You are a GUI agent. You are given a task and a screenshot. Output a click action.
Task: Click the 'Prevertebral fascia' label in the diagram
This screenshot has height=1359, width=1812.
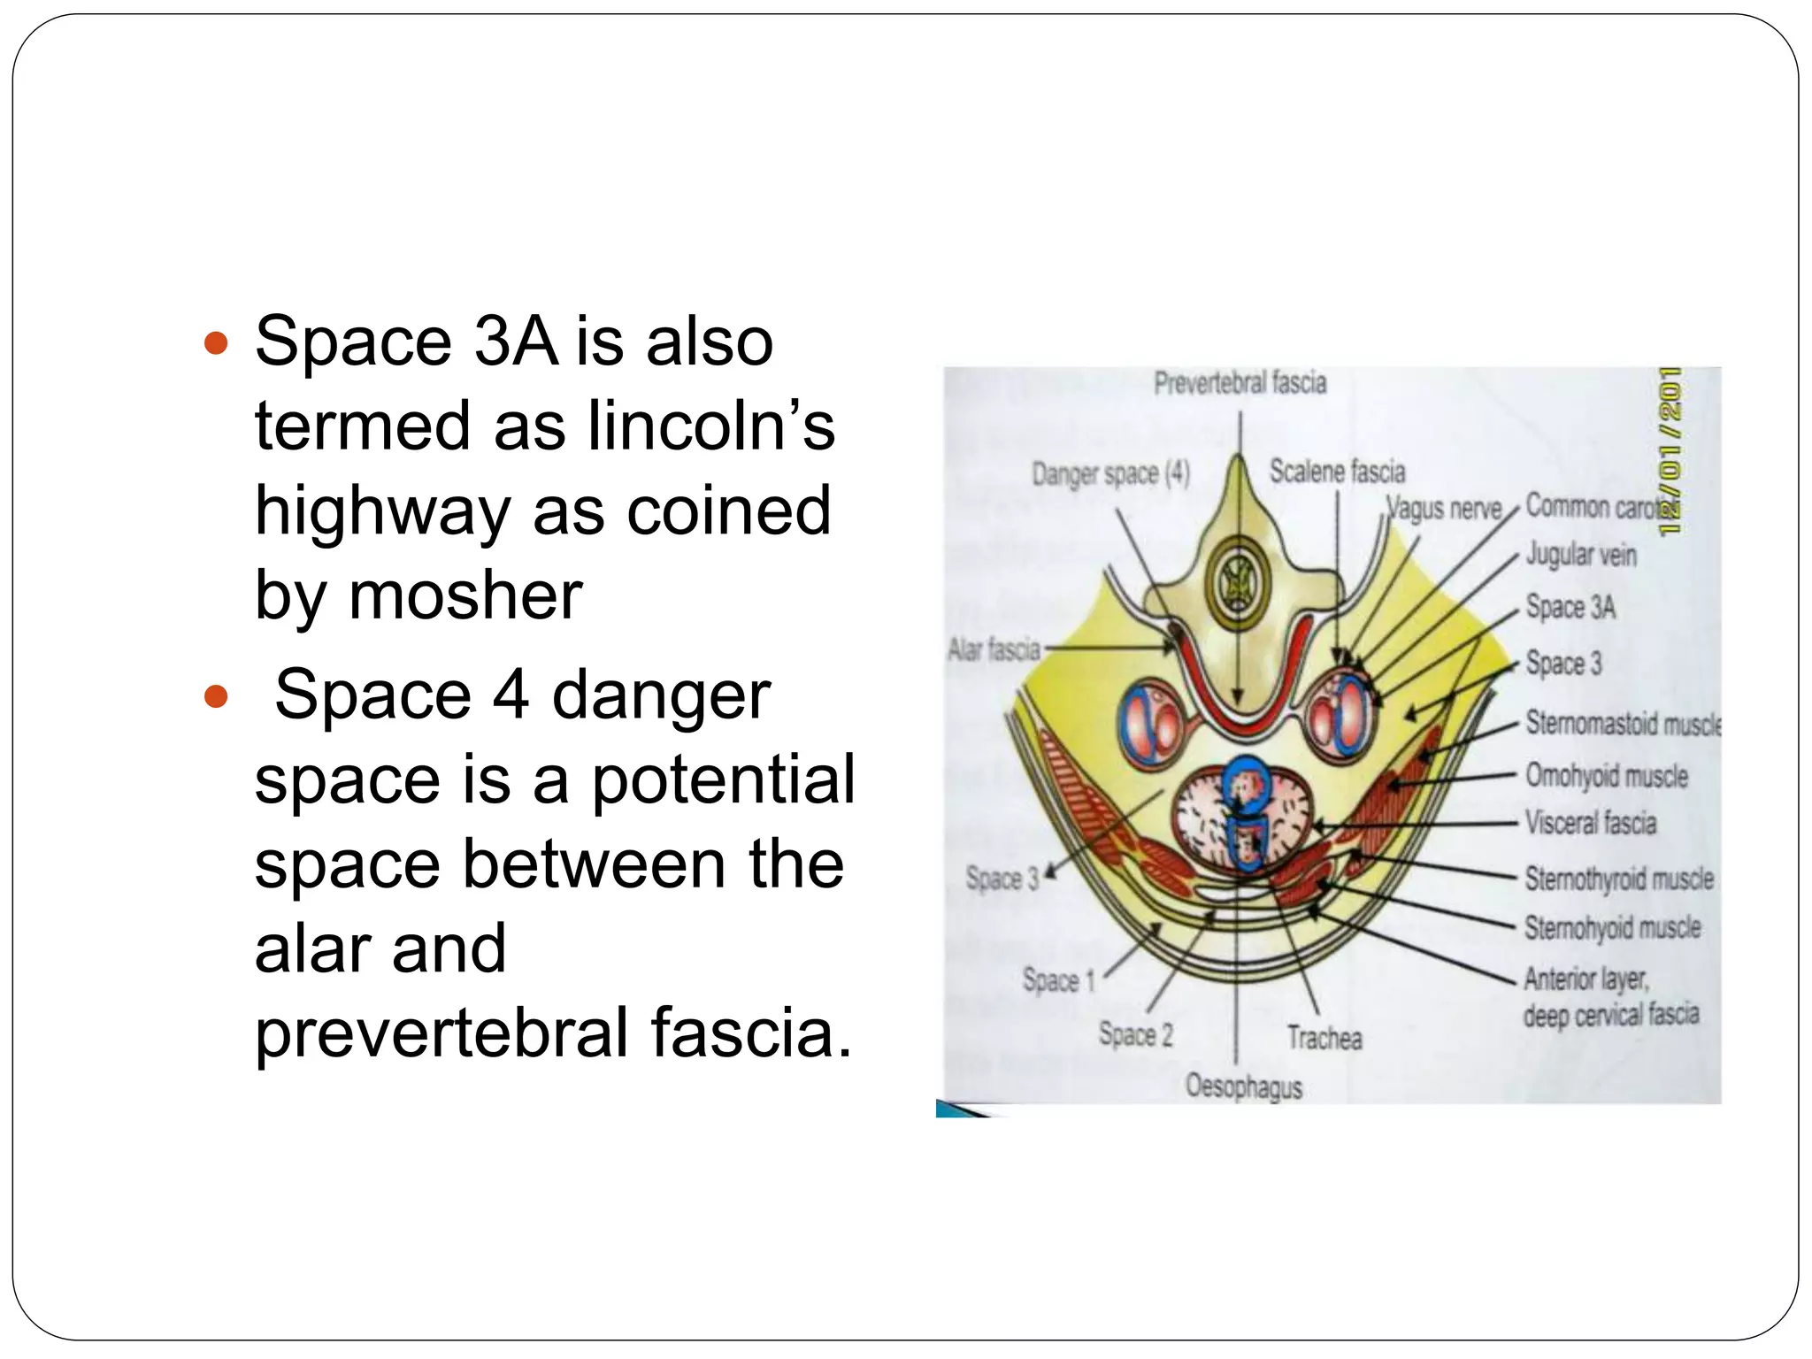pos(1240,383)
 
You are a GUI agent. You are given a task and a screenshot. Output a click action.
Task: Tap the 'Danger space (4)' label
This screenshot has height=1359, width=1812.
pos(1110,474)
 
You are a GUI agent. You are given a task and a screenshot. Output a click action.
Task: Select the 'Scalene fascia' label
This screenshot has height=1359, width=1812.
pos(1337,472)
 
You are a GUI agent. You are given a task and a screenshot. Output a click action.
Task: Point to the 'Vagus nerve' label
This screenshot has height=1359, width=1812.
pos(1444,509)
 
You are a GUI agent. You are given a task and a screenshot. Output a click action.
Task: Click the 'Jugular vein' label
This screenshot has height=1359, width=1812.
pos(1581,555)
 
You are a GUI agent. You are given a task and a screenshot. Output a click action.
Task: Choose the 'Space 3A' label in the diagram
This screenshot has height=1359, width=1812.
pos(1570,607)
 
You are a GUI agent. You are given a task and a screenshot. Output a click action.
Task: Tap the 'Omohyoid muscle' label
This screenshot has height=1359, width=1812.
pos(1607,776)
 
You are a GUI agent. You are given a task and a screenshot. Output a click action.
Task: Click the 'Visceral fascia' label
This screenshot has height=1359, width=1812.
pos(1590,823)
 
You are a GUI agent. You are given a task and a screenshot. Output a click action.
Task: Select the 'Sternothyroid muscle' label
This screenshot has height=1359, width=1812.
pos(1619,879)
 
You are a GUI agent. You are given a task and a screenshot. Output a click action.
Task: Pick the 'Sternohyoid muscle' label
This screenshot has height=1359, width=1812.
pos(1612,927)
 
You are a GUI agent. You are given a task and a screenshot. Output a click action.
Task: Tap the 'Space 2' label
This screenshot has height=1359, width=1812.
pos(1135,1034)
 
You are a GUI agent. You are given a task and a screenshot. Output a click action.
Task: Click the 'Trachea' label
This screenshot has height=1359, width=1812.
pos(1324,1037)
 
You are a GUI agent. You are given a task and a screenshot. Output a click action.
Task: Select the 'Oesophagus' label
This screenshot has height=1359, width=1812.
pos(1244,1086)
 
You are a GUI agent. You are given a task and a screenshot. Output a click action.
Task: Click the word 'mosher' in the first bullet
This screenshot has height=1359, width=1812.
pos(465,595)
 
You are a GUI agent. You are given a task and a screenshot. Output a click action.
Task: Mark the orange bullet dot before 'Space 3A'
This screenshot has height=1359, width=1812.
pos(216,343)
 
